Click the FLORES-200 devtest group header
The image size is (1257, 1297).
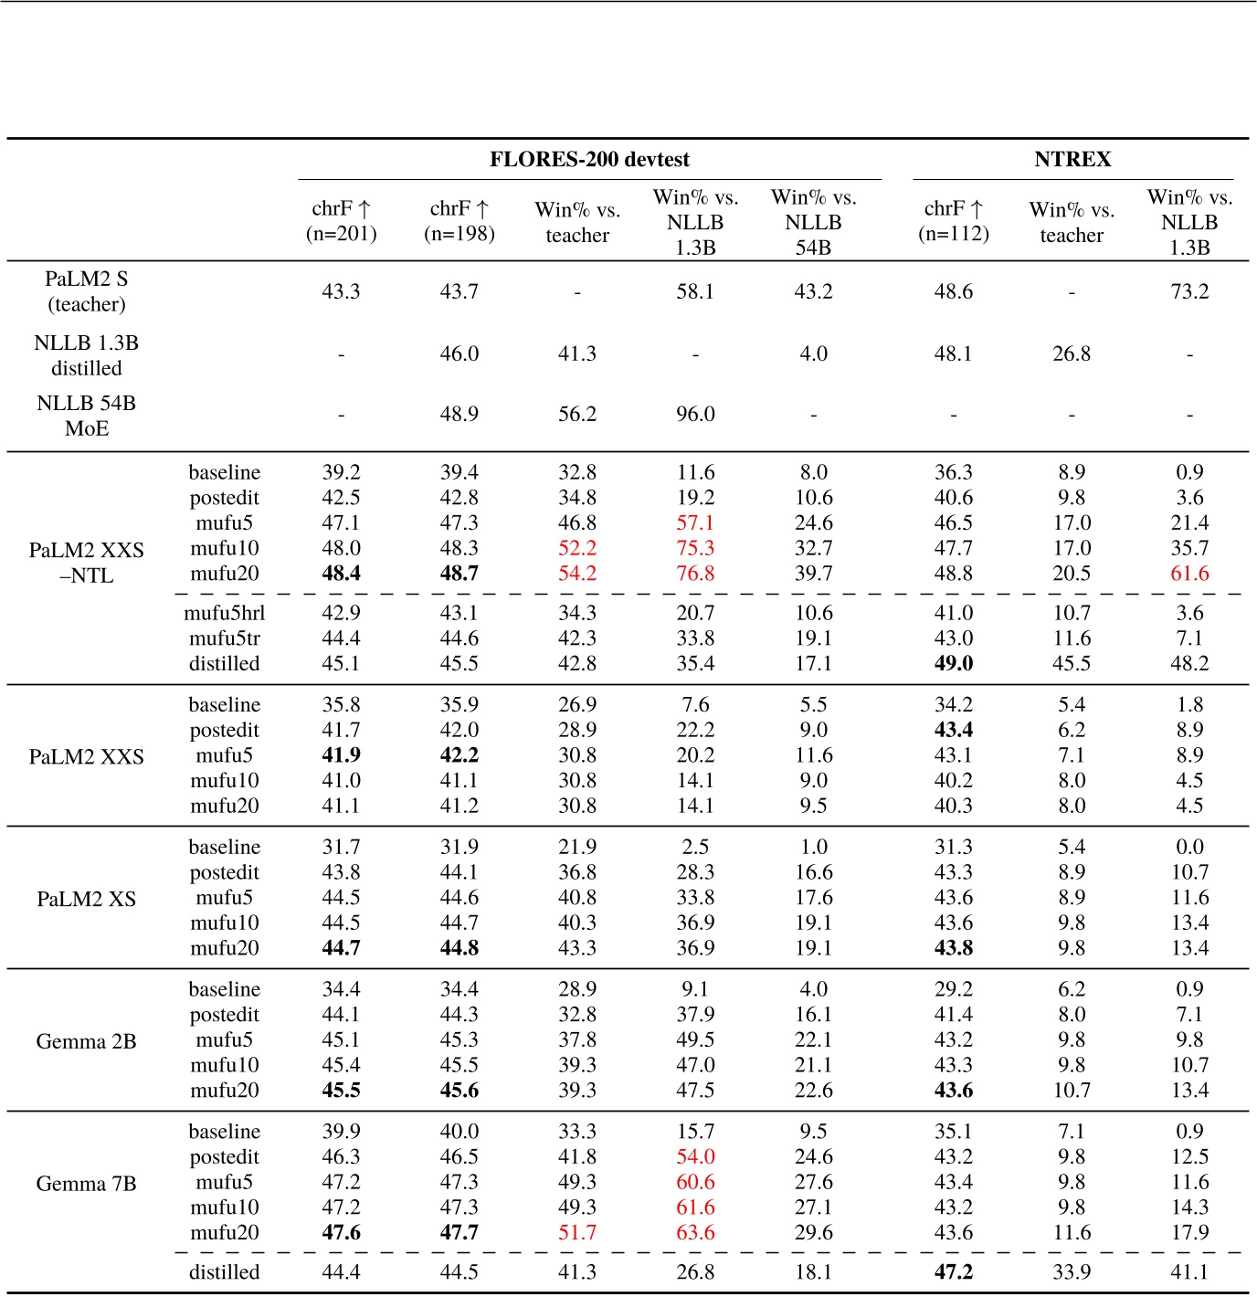pos(589,160)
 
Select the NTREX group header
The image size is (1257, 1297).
pos(1072,160)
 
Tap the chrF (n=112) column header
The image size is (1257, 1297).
pos(954,221)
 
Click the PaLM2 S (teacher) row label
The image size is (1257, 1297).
pos(87,291)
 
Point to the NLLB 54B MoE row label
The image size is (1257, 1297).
pos(87,416)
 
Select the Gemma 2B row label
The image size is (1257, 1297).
pos(87,1041)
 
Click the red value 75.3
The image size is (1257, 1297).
pos(695,548)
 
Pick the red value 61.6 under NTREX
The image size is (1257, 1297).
pos(1189,574)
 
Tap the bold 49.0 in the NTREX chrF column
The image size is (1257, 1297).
pos(954,664)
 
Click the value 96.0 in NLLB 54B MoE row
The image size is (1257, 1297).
pos(695,415)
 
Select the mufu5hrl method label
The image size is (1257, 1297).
pos(225,613)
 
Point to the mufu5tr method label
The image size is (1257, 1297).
pos(225,638)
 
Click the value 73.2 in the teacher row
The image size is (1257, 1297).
pos(1189,291)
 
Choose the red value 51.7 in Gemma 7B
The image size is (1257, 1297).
pos(577,1233)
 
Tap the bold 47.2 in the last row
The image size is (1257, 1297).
pos(954,1272)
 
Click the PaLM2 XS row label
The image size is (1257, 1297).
pos(87,899)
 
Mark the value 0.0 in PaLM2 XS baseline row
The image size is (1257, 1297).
pos(1189,847)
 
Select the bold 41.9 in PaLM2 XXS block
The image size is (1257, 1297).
pos(341,755)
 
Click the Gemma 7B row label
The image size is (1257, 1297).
pos(87,1184)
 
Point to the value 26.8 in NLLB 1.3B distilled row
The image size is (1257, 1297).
pos(1072,353)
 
